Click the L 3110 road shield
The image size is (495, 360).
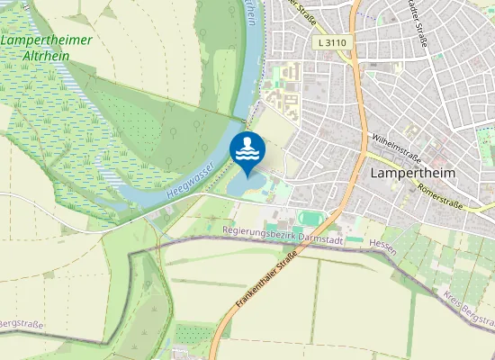[x=332, y=42]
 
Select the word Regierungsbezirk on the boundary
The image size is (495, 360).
[x=255, y=231]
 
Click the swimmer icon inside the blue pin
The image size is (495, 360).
[x=247, y=148]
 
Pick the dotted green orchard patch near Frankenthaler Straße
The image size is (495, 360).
[x=196, y=332]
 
